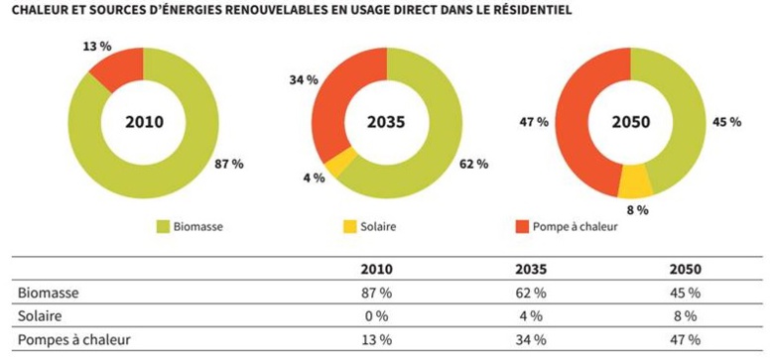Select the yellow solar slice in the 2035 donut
click(x=342, y=162)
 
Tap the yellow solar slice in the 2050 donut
click(x=635, y=180)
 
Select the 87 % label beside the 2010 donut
click(x=228, y=163)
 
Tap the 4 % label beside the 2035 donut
click(x=314, y=179)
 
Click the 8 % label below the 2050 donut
click(x=636, y=209)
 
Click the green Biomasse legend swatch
click(x=162, y=227)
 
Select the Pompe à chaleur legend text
click(x=578, y=227)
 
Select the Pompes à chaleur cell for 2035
click(x=531, y=340)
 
